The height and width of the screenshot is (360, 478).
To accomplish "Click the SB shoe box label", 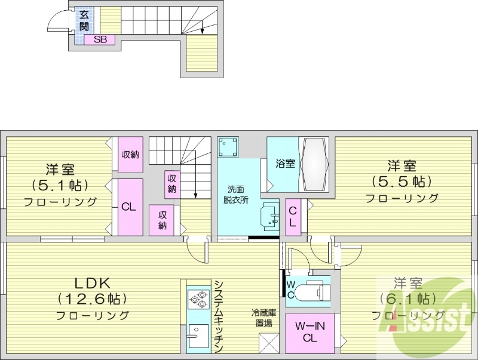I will tap(100, 40).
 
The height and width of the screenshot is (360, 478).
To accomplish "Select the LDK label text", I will tap(93, 282).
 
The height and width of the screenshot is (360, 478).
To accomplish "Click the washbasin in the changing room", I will tap(271, 216).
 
